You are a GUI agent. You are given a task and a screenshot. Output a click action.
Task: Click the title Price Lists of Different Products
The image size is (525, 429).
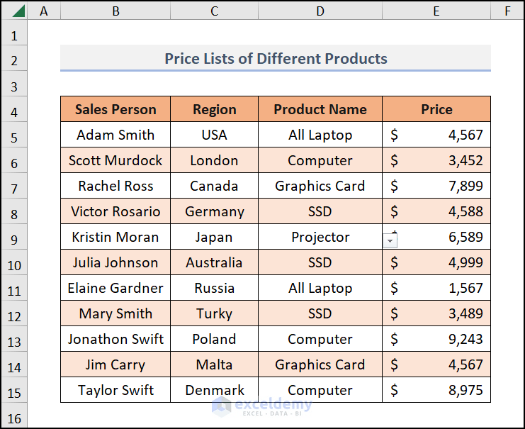(276, 58)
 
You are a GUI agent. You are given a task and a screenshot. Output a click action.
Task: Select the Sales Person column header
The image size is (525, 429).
(115, 109)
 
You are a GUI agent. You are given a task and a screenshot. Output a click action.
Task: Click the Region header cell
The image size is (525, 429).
(214, 109)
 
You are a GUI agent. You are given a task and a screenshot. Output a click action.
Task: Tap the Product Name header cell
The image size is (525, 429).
(320, 109)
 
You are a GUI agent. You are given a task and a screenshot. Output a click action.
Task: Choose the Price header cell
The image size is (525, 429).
(436, 109)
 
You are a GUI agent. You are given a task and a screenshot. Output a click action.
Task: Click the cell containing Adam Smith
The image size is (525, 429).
(115, 135)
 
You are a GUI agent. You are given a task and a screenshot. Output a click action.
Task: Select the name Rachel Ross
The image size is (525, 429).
(115, 186)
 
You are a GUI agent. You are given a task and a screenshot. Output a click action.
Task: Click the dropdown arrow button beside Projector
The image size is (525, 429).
(390, 240)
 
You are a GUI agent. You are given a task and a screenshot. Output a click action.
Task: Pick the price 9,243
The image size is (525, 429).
(465, 339)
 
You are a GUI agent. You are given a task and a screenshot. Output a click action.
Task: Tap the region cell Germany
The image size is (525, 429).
(214, 211)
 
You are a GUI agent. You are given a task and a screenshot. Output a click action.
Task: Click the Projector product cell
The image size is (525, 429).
(320, 237)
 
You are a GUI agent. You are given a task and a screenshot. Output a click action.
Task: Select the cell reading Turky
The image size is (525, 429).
(214, 313)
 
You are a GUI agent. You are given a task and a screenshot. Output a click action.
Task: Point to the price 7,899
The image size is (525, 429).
(465, 186)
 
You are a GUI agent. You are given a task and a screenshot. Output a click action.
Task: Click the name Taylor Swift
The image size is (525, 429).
(115, 390)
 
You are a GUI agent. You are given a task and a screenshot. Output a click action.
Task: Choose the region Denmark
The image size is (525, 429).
(214, 390)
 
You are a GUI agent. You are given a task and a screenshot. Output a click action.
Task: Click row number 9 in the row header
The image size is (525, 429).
(14, 237)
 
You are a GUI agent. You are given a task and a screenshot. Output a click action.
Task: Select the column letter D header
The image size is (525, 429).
(320, 11)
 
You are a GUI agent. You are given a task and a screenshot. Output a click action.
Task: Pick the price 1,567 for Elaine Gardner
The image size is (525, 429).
(465, 288)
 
